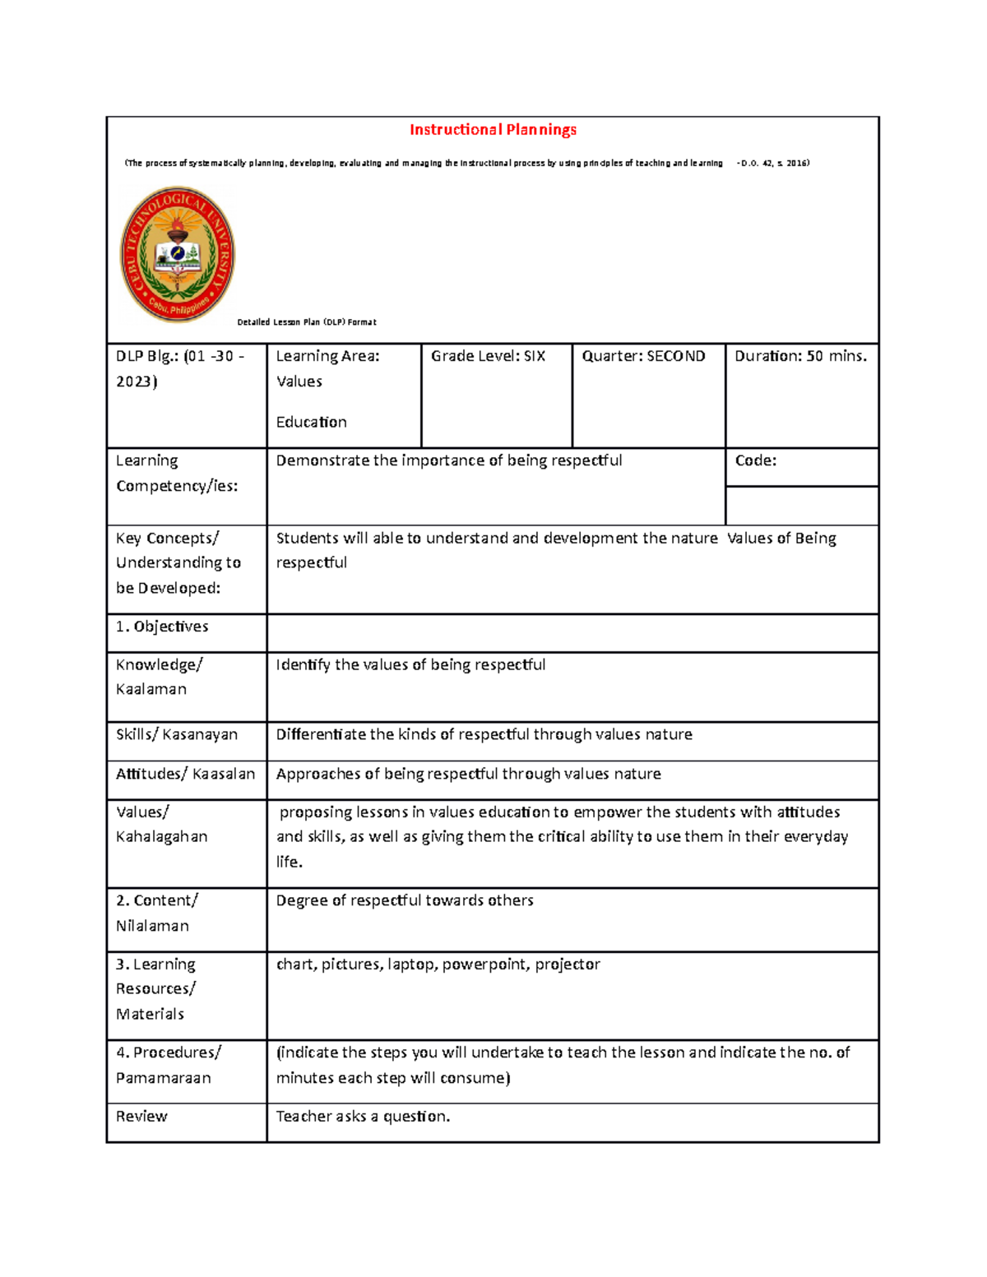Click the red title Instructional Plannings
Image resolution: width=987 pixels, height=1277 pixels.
[x=493, y=130]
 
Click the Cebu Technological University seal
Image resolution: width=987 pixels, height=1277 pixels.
[x=178, y=255]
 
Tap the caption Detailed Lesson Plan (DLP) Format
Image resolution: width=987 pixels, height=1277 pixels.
[x=306, y=322]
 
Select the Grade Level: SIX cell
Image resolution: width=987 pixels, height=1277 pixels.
[x=489, y=357]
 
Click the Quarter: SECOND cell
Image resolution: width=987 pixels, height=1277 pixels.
[x=643, y=357]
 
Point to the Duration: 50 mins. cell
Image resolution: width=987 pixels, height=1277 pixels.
[x=800, y=357]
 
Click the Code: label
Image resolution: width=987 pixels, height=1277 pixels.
[x=755, y=461]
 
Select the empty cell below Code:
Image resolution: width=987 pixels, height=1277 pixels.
[x=801, y=506]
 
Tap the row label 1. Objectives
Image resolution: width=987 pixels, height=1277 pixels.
[x=162, y=627]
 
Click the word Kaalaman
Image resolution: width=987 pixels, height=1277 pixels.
[x=151, y=689]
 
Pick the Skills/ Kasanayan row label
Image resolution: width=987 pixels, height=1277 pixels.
[x=177, y=734]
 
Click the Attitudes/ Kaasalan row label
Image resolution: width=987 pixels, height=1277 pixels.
[x=185, y=774]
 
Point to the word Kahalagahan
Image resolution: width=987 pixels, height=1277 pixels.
[x=161, y=837]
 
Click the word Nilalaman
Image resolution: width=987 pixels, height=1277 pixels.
[x=152, y=926]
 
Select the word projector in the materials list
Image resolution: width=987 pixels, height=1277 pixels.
[x=568, y=965]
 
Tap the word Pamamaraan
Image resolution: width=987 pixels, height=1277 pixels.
[x=163, y=1078]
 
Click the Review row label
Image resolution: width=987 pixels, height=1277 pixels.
[x=141, y=1117]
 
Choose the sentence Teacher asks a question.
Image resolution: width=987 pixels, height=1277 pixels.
[x=363, y=1117]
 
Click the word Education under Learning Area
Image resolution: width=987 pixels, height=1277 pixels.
[x=311, y=423]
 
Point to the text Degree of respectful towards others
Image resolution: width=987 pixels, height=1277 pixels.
[x=405, y=901]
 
